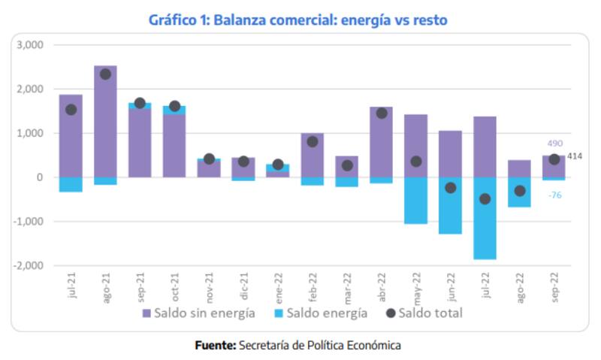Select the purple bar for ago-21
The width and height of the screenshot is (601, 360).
105,128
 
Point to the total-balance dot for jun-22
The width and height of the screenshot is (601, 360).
451,188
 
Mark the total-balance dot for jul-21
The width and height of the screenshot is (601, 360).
71,110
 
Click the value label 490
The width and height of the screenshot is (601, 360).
554,143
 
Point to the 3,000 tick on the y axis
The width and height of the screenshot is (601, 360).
31,45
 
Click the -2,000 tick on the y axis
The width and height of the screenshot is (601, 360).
29,265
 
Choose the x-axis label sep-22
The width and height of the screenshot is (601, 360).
554,286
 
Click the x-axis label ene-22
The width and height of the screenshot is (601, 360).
278,286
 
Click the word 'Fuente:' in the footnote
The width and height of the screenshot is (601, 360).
216,345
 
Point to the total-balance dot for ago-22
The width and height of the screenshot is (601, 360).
520,191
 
